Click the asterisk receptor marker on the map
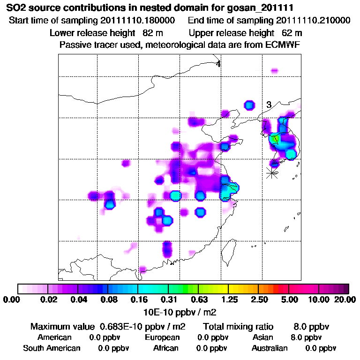pos(271,172)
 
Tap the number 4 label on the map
pos(218,64)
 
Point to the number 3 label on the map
pos(269,105)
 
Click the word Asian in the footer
pos(262,337)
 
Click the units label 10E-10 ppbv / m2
pos(180,312)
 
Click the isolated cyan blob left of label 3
pos(249,105)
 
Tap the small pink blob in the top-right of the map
pos(274,71)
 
